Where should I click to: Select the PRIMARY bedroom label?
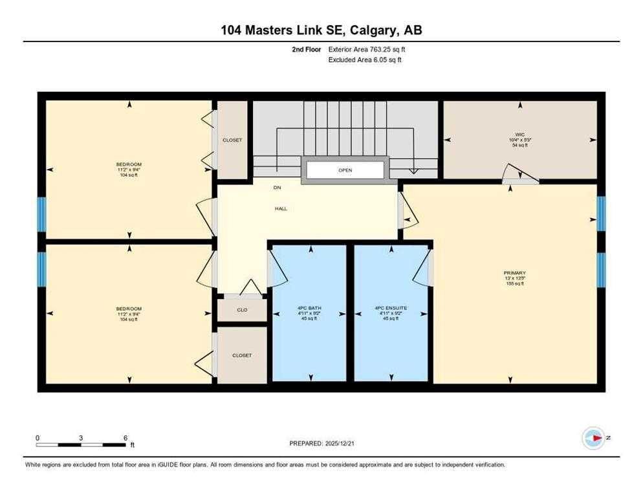click(x=514, y=273)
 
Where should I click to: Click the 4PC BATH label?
click(x=310, y=308)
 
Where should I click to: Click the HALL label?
click(x=280, y=208)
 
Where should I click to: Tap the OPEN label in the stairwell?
click(x=345, y=170)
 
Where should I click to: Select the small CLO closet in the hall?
click(x=242, y=310)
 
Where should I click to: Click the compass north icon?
click(x=593, y=438)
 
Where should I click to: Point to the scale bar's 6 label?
click(x=125, y=438)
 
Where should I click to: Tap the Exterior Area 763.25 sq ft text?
click(x=367, y=49)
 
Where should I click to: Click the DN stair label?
click(x=276, y=188)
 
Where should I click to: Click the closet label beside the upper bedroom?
click(x=232, y=140)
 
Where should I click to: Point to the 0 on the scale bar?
click(x=38, y=438)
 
